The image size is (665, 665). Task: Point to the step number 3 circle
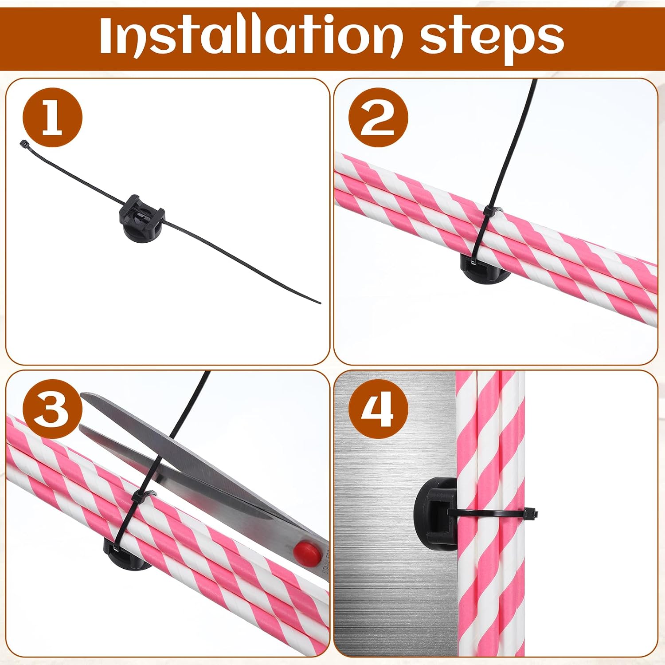tap(52, 409)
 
